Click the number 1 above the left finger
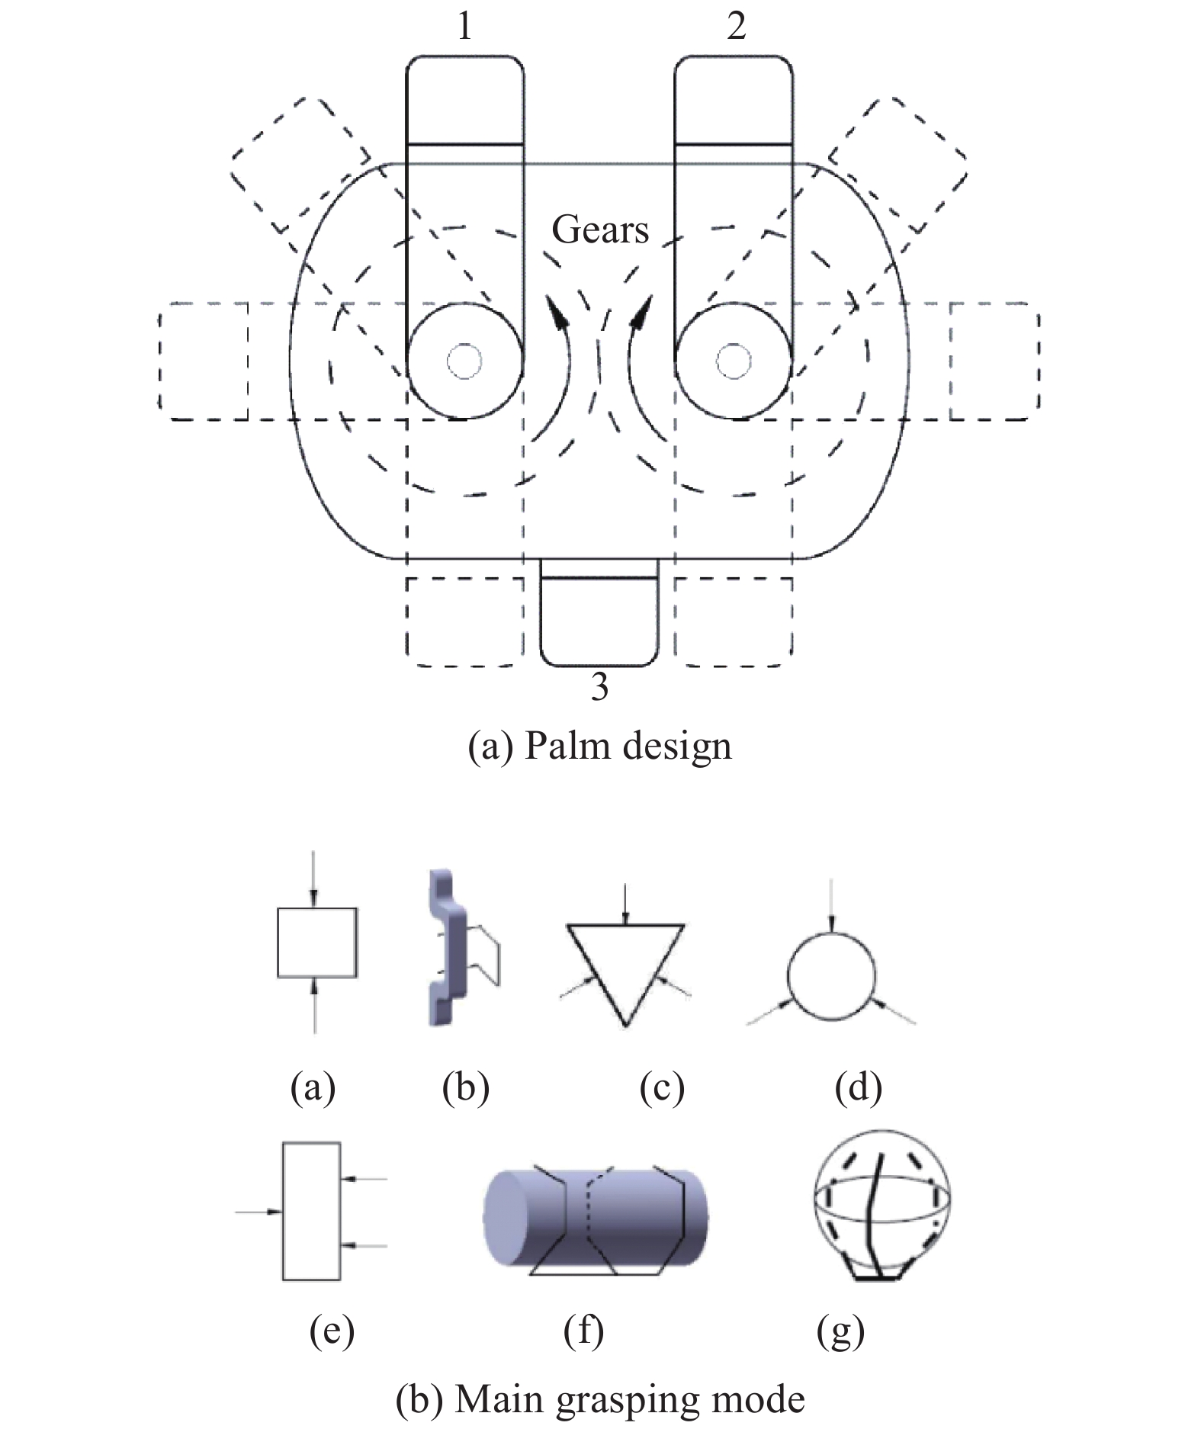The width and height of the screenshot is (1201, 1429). click(x=464, y=27)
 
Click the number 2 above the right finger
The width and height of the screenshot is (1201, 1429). click(x=736, y=27)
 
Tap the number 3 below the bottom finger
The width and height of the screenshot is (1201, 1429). click(x=600, y=687)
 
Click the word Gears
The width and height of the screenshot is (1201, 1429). click(x=600, y=230)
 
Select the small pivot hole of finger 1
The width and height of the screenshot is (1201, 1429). click(x=464, y=360)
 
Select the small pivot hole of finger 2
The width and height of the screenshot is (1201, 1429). click(x=734, y=360)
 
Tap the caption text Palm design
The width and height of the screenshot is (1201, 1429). click(x=628, y=746)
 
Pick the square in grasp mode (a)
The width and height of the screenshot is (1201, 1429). click(x=316, y=942)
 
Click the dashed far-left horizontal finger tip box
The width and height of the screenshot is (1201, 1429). click(x=204, y=361)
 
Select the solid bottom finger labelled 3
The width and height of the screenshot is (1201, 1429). click(x=599, y=619)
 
